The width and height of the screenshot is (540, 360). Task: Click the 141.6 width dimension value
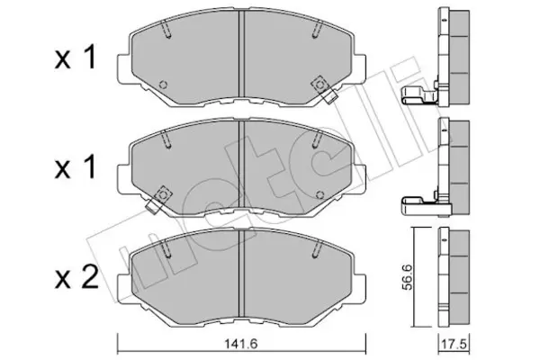pyautogui.click(x=241, y=344)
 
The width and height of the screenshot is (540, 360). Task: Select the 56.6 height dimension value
pyautogui.click(x=408, y=277)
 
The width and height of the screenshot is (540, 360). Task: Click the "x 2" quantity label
pyautogui.click(x=76, y=279)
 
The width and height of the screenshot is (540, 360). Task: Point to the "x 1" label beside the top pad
pyautogui.click(x=75, y=58)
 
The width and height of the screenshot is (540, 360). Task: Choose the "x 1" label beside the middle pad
pyautogui.click(x=75, y=168)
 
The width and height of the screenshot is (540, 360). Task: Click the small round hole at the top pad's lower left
pyautogui.click(x=164, y=85)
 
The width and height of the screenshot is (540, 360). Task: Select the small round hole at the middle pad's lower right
pyautogui.click(x=319, y=195)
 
